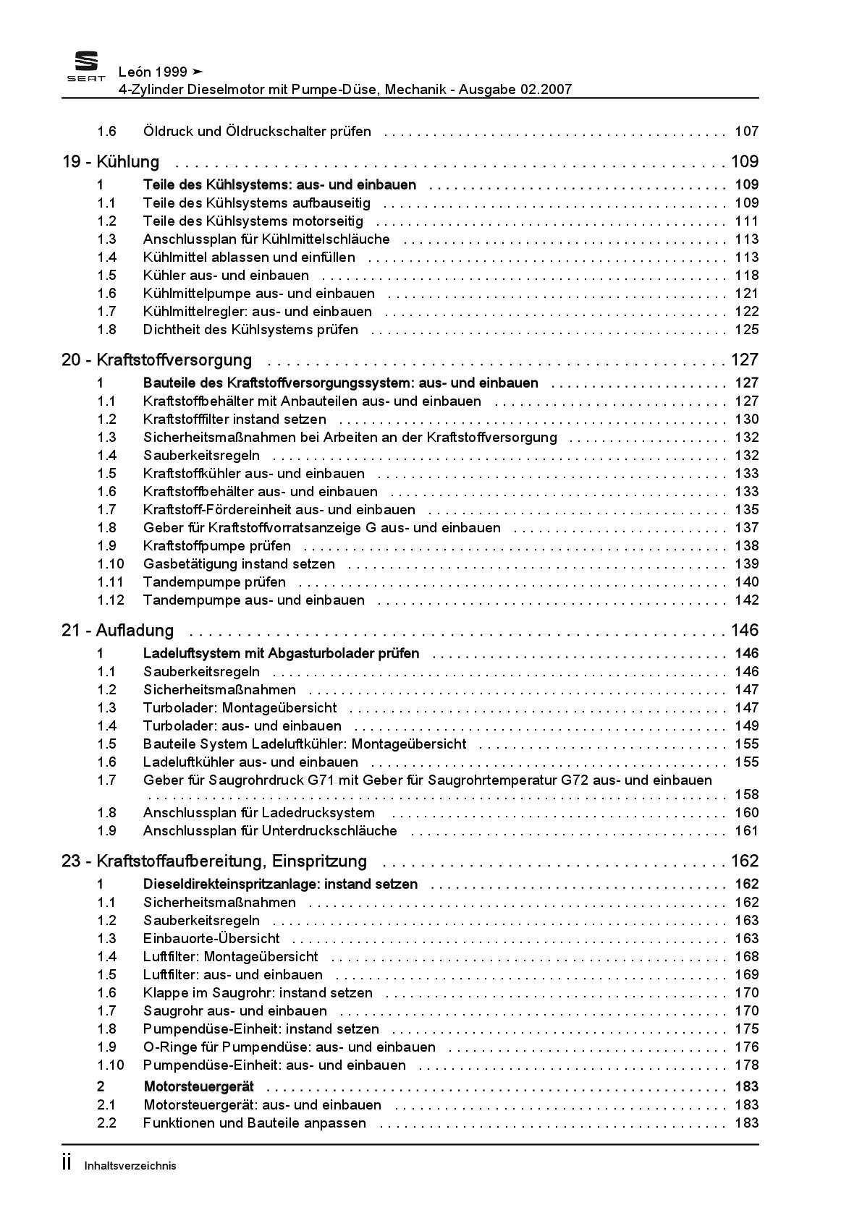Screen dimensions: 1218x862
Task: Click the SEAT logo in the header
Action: tap(86, 67)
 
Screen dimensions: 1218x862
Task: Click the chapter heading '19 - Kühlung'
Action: tap(111, 161)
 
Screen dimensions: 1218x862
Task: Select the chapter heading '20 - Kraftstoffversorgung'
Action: tap(157, 359)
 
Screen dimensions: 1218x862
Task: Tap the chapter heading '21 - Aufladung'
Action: tap(118, 630)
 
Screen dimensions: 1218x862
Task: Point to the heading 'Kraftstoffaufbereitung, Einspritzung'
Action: tap(232, 861)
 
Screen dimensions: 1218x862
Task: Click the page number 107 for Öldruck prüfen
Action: tap(746, 131)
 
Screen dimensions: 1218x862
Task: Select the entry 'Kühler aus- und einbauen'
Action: tap(226, 275)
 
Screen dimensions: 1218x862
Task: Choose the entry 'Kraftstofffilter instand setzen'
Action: tap(234, 419)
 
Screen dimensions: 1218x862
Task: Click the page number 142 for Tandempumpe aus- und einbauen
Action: tap(746, 600)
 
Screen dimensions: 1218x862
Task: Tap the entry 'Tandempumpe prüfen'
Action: tap(214, 582)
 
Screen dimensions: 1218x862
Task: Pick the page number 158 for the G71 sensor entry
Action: tap(746, 794)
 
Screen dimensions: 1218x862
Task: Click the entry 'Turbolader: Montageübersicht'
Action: tap(240, 707)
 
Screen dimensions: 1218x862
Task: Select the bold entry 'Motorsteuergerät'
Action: tap(198, 1086)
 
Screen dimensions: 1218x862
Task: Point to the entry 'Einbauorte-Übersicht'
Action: tap(211, 938)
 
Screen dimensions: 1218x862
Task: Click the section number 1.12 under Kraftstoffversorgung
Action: tap(111, 600)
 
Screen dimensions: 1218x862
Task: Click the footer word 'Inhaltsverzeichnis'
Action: tap(130, 1165)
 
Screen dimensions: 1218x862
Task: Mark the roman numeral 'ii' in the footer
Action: tap(67, 1163)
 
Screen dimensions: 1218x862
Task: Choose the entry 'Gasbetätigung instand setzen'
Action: tap(239, 563)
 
